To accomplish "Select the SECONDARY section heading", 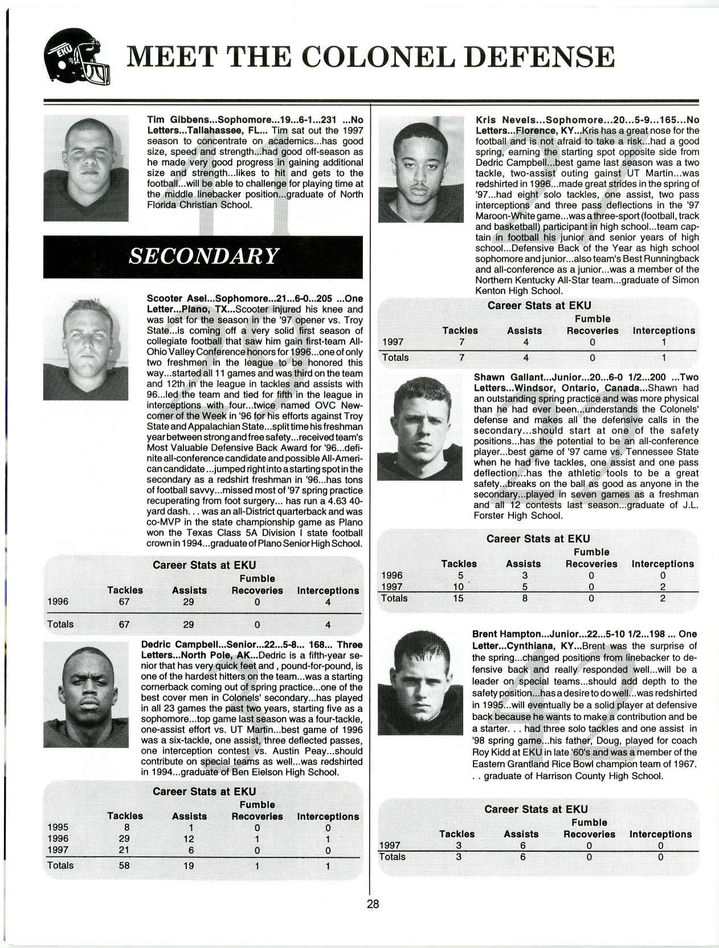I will coord(203,256).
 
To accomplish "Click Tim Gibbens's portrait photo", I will coord(86,168).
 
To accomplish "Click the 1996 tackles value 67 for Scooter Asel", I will coord(124,602).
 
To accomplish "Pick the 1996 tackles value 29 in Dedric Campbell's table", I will coord(124,838).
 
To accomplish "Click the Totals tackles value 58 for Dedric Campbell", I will coord(124,865).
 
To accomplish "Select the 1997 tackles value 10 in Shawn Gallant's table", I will coord(458,587).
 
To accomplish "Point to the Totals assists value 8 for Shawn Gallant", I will coord(523,598).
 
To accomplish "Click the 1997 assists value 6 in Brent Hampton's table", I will coord(522,845).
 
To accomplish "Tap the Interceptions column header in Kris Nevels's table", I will coord(663,330).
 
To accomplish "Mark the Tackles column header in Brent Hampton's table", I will coord(457,834).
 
